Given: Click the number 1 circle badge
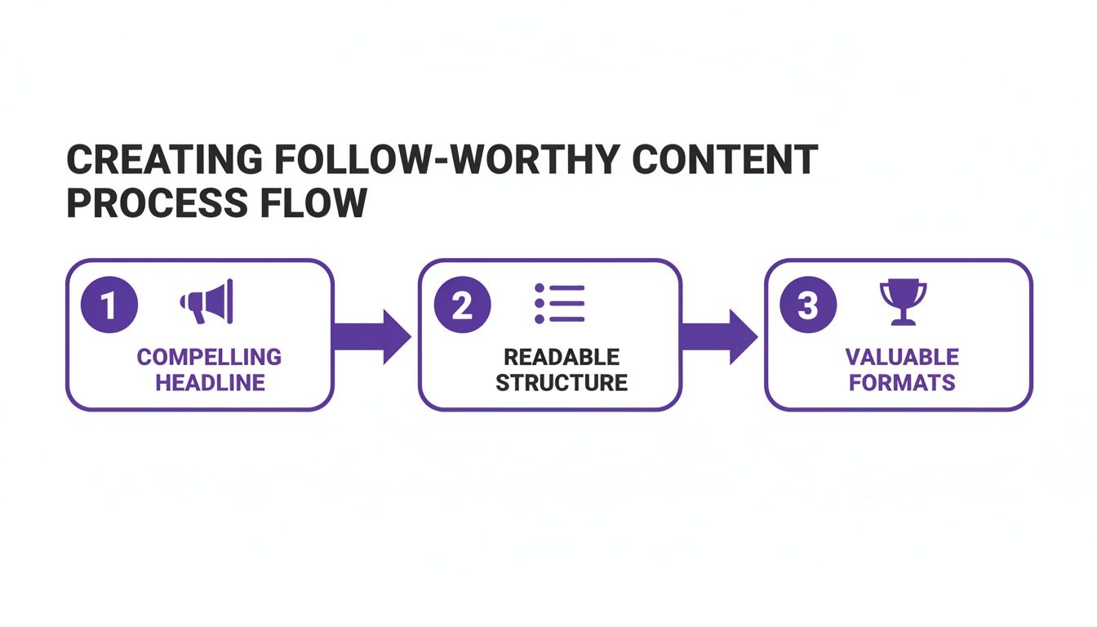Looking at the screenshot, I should [x=110, y=306].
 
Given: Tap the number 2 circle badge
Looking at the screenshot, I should [x=462, y=306].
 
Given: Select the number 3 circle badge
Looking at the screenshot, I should [x=807, y=306].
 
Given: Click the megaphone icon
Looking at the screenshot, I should [x=207, y=301].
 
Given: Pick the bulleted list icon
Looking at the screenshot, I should [x=560, y=304].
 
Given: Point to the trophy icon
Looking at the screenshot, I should [x=903, y=303].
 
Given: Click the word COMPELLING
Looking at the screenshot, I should [x=209, y=357].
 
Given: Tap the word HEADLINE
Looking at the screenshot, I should [x=210, y=382].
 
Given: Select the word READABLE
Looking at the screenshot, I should [x=562, y=357].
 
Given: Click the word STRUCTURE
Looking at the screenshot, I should [x=562, y=382].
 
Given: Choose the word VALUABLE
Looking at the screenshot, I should [x=902, y=357].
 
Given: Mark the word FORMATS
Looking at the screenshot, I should [x=902, y=382].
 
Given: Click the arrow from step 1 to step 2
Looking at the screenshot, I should [x=373, y=336].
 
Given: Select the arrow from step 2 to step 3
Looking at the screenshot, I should [x=719, y=336].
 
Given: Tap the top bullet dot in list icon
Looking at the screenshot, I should [x=540, y=289].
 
